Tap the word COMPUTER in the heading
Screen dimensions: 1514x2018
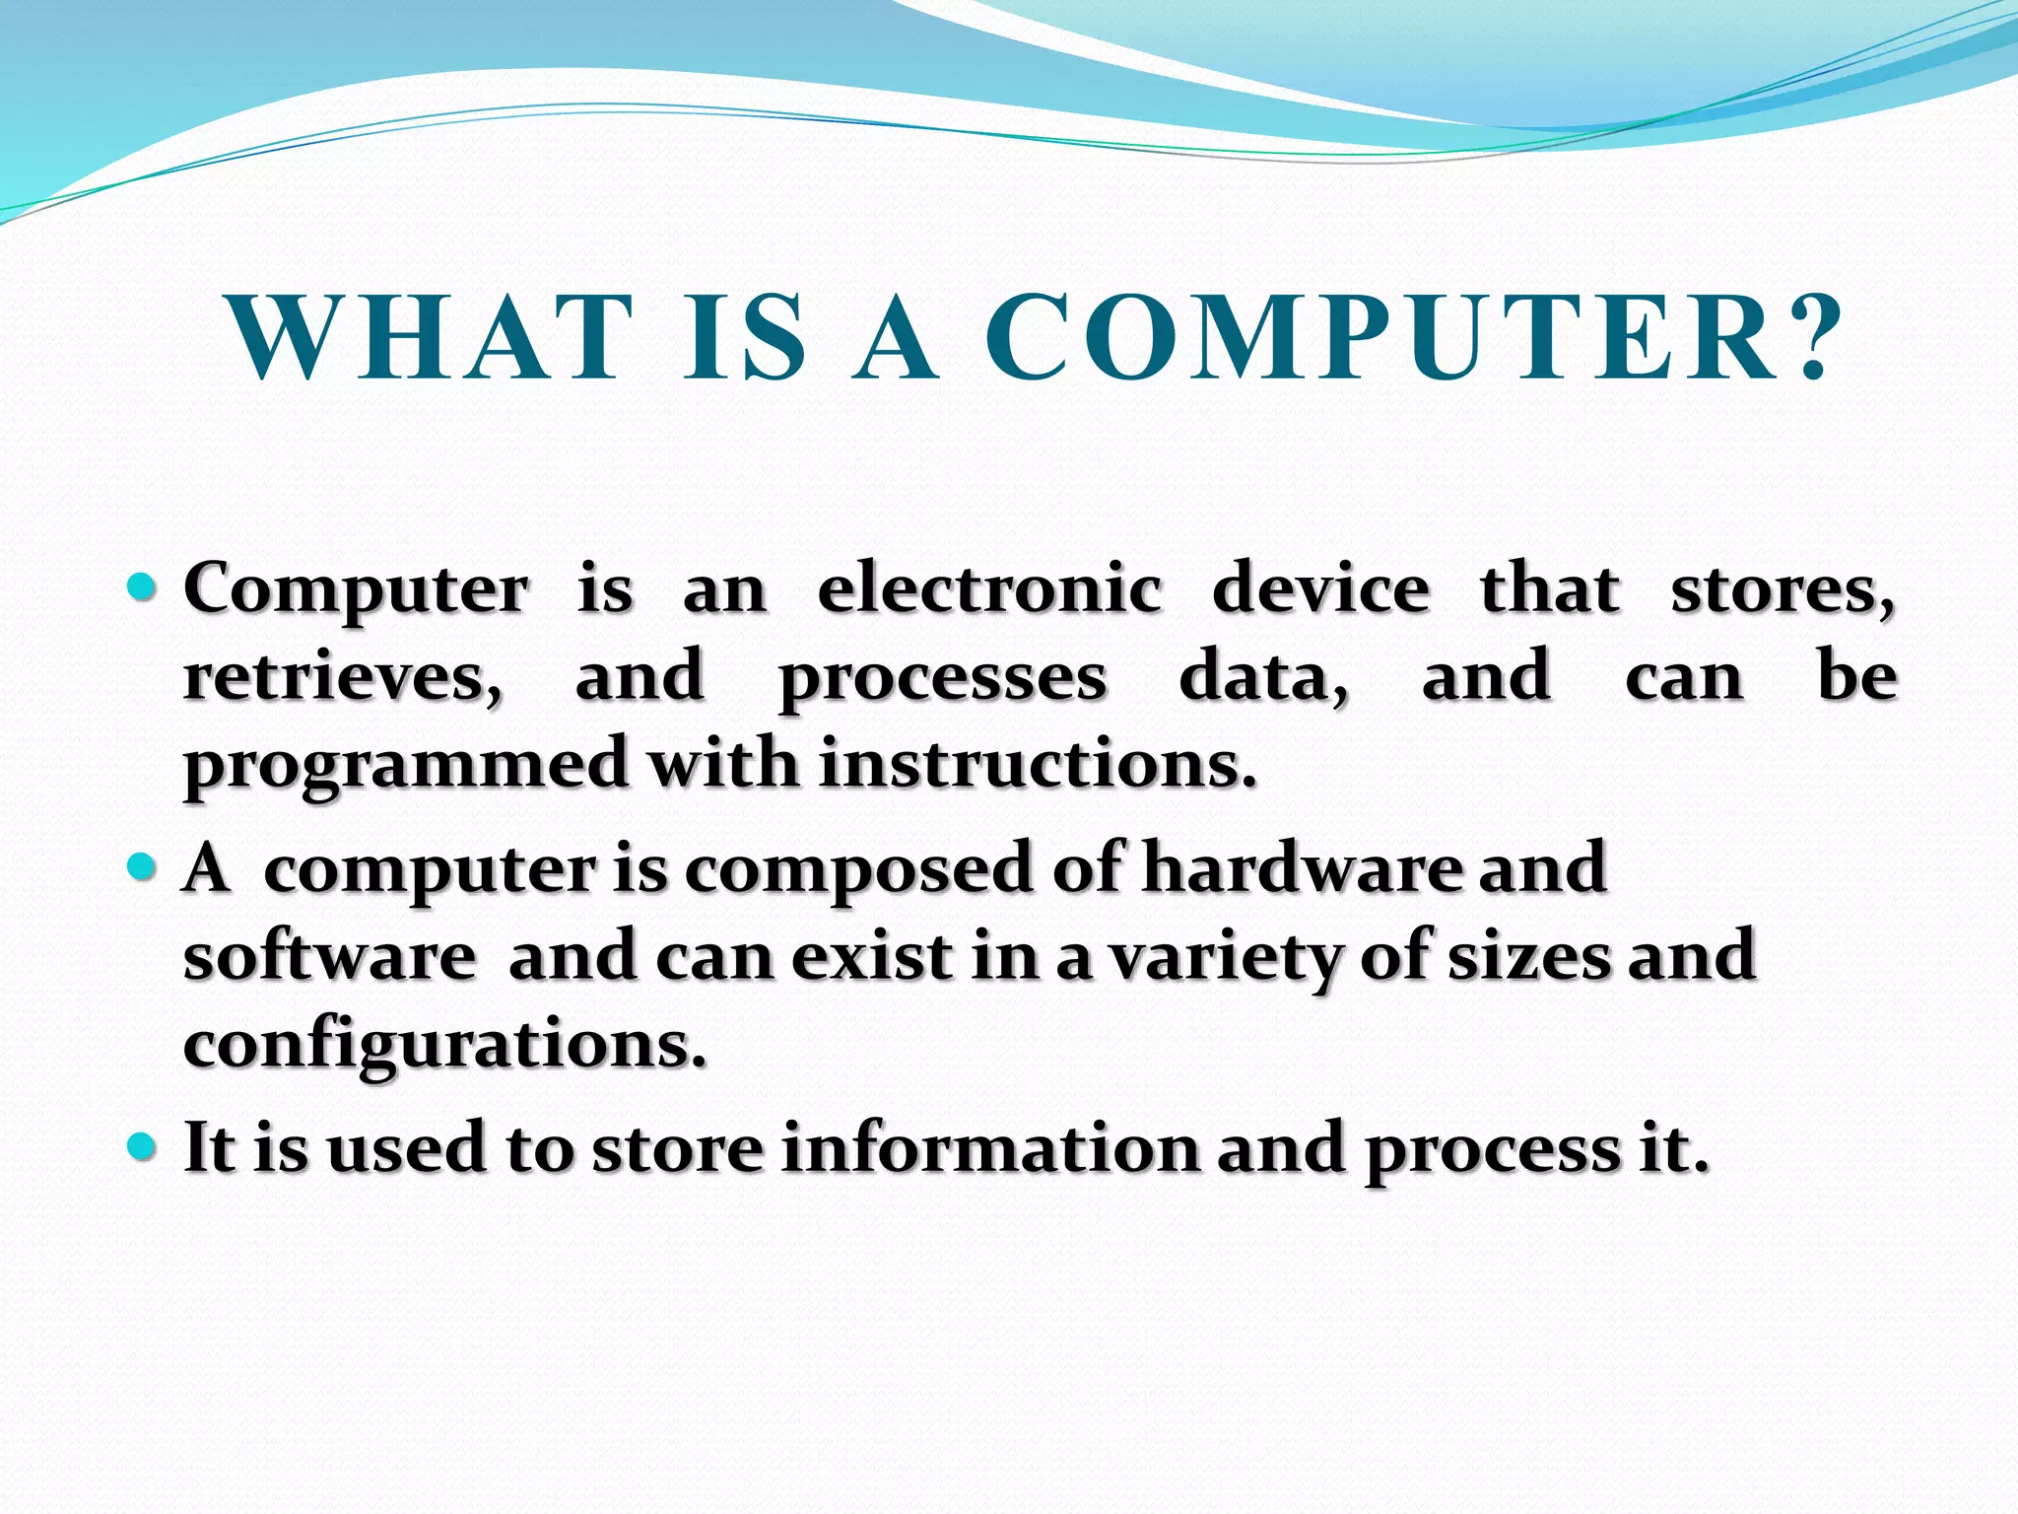1379,337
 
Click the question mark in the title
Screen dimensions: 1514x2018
1811,337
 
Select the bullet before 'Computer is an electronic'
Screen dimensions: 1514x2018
142,588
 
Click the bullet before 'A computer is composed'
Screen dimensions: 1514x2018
142,867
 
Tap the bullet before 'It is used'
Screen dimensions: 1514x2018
142,1146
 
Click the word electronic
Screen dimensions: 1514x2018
989,588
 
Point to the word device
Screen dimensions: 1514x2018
1320,588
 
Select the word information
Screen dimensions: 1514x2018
990,1148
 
